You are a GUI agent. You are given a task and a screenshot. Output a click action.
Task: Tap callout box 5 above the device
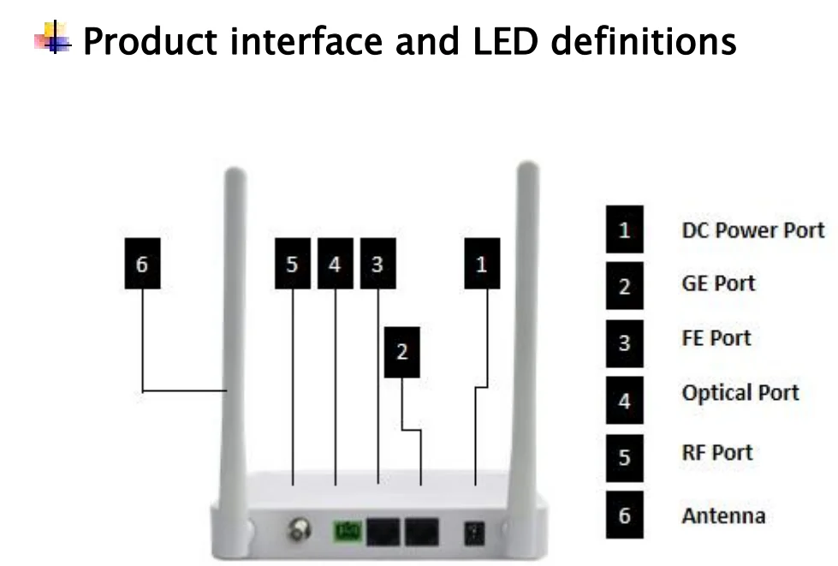(293, 265)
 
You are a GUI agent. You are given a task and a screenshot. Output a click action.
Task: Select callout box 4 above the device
(335, 265)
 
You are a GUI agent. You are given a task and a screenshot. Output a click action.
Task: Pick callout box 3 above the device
(377, 265)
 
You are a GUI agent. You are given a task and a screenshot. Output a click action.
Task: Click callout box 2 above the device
(401, 352)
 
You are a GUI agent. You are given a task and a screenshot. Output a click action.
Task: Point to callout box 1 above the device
(481, 265)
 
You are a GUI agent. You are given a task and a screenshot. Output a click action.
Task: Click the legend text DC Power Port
(752, 230)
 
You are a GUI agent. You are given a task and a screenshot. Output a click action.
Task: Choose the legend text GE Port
(718, 284)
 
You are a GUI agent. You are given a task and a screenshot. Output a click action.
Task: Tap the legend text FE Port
(716, 338)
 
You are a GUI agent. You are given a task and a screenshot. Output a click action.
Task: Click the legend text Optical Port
(740, 394)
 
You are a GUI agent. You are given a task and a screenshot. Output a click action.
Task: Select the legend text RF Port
(716, 452)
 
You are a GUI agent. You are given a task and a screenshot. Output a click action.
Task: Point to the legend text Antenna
(723, 516)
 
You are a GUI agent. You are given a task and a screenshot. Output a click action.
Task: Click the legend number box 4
(624, 400)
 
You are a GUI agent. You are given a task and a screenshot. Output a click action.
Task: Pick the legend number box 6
(624, 515)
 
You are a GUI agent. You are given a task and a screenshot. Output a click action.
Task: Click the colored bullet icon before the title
(53, 39)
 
